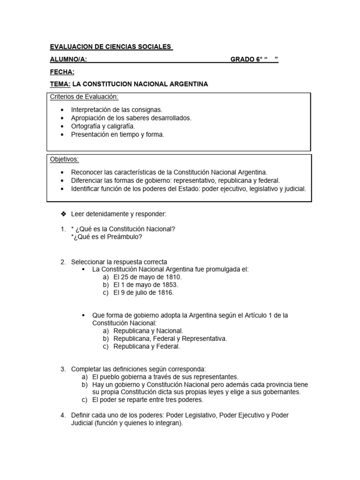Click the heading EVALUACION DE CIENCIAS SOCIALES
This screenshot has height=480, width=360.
111,47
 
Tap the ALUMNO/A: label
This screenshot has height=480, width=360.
68,59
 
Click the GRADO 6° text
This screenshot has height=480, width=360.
247,59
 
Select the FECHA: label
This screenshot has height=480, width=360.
62,72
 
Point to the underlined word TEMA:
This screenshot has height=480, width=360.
60,84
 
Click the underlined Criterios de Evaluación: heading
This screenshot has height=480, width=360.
84,97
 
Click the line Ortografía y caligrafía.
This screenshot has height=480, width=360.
103,126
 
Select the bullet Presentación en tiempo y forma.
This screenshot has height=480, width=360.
118,135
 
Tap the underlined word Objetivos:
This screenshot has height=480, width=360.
65,159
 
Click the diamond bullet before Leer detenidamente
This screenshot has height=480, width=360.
63,214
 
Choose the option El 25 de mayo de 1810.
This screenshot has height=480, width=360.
147,277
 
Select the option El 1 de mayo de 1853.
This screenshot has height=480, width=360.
145,285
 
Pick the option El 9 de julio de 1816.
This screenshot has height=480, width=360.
143,292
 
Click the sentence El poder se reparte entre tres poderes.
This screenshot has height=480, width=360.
148,400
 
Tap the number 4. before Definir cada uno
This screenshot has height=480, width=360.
63,415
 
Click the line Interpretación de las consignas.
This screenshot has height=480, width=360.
117,110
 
